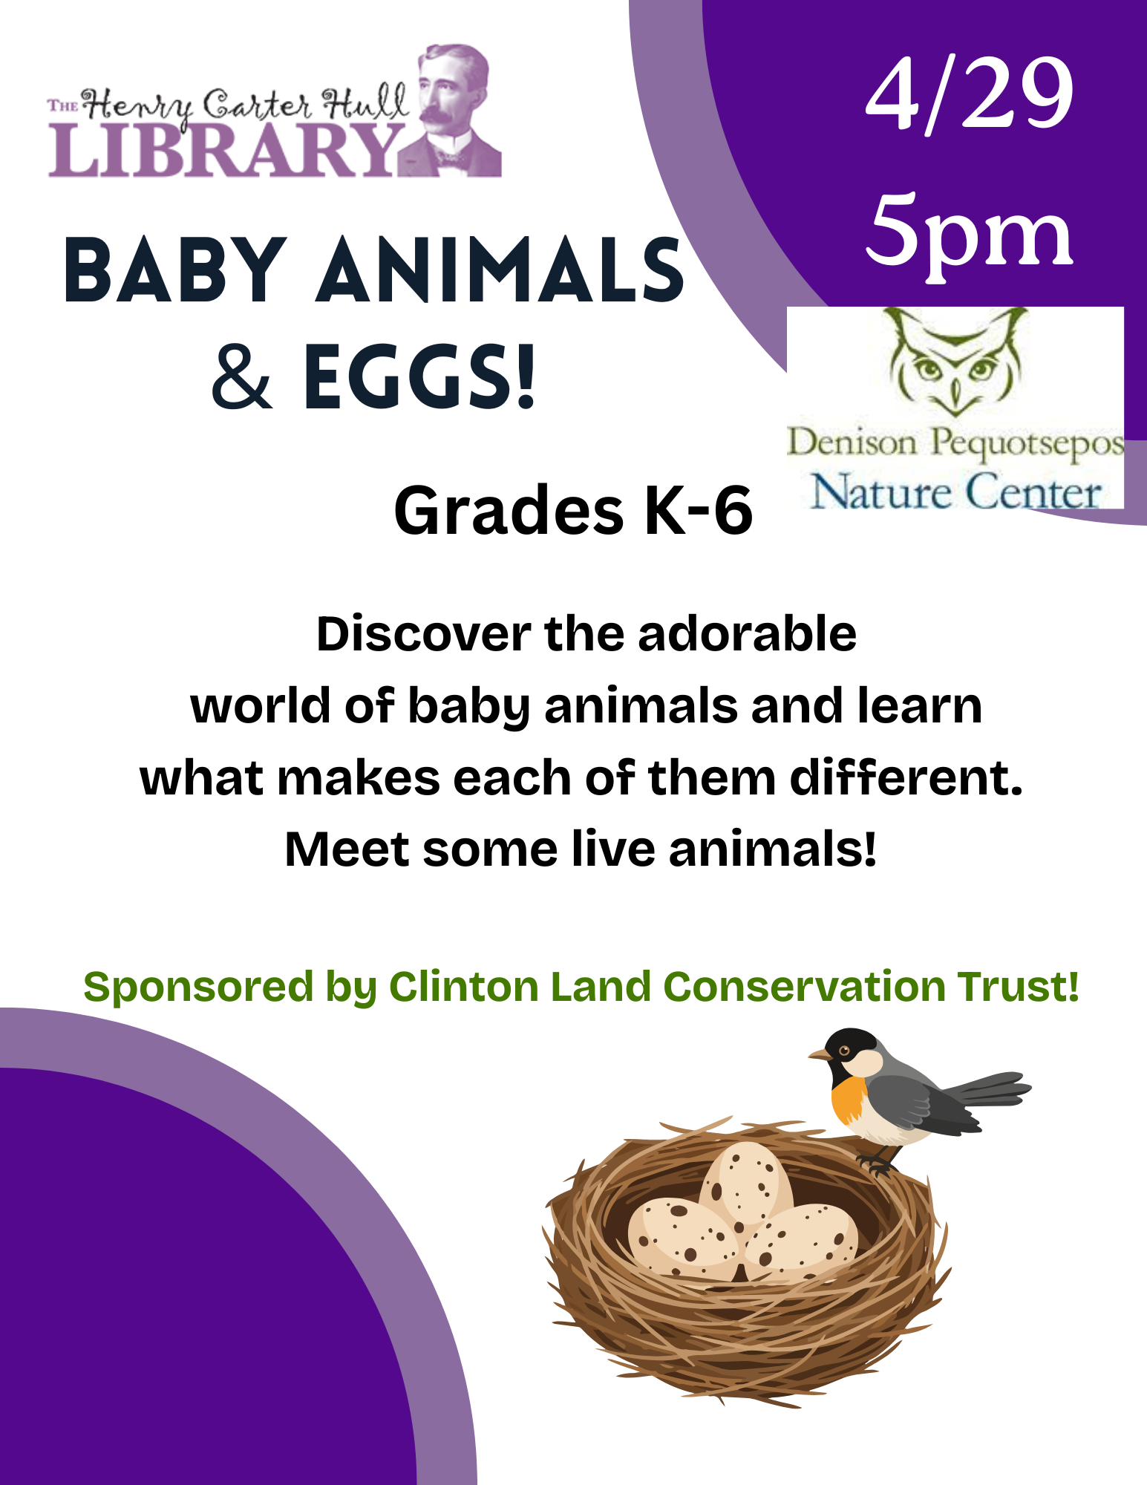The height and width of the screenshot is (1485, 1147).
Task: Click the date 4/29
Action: pos(970,95)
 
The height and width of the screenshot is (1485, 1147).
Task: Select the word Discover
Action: pos(423,634)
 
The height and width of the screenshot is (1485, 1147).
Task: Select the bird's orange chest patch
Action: pos(849,1099)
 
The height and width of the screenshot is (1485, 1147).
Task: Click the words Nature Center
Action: pos(955,492)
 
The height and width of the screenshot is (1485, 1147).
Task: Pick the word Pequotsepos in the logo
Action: pos(1027,444)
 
